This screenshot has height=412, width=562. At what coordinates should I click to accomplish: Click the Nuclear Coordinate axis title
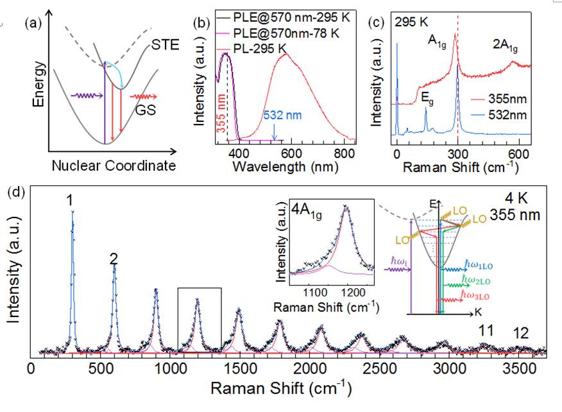[105, 166]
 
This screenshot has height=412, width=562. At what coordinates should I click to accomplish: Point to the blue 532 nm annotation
[279, 114]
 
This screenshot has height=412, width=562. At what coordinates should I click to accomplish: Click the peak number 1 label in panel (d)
[69, 201]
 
